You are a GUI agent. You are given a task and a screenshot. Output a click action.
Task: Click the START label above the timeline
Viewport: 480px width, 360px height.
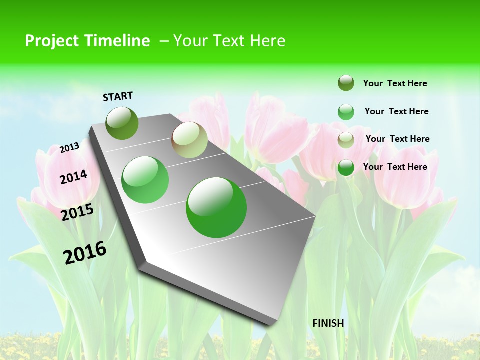tap(118, 96)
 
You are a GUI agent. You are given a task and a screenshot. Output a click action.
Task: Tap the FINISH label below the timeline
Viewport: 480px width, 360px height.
tap(328, 323)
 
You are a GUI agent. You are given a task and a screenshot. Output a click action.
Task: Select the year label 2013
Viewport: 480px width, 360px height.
tap(70, 147)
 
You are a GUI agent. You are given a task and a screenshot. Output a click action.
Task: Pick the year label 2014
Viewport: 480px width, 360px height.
tap(73, 177)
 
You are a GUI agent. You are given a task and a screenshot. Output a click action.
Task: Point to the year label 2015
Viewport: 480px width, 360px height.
tap(77, 212)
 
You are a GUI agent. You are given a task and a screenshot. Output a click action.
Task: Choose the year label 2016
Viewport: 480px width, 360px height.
tap(85, 253)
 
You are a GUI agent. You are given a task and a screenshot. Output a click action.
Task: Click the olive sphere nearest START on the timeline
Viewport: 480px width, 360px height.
tap(122, 123)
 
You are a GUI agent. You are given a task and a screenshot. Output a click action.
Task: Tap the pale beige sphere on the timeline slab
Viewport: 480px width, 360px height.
tap(189, 140)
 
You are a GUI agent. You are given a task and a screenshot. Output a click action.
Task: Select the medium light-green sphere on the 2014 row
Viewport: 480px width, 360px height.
tap(145, 180)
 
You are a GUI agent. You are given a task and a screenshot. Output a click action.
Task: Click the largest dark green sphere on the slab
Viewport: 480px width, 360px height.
tap(216, 207)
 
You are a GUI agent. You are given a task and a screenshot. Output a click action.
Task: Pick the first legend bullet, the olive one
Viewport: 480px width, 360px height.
tap(346, 83)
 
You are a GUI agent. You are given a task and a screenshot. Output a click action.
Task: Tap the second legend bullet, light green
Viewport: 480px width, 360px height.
tap(346, 112)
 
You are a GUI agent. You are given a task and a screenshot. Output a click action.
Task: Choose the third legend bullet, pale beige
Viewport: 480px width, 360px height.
tap(346, 140)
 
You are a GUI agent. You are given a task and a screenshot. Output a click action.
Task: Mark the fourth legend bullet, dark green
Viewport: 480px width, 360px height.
tap(346, 167)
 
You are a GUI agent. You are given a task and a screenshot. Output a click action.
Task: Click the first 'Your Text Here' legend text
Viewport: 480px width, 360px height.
tap(395, 83)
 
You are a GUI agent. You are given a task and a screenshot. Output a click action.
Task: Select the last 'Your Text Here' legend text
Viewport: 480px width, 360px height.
tap(395, 167)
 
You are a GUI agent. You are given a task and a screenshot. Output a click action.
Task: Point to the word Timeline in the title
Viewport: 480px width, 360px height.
tap(117, 41)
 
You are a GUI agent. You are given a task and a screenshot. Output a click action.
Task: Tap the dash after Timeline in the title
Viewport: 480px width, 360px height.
tap(164, 41)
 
